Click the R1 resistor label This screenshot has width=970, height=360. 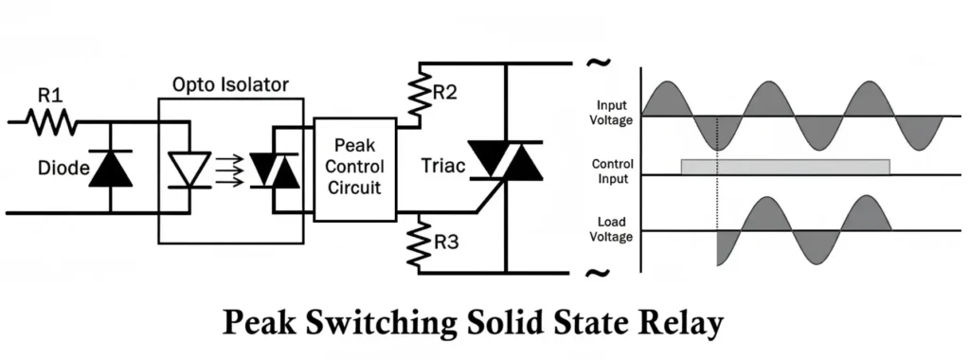[x=49, y=96]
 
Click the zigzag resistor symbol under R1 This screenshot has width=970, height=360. [x=50, y=120]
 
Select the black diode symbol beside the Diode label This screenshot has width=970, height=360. [x=110, y=168]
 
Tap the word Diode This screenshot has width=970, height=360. [x=62, y=169]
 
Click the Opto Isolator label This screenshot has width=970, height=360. [x=231, y=84]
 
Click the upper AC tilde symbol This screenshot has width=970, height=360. [x=598, y=63]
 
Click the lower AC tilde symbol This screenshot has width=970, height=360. [x=598, y=274]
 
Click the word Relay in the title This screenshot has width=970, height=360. [x=678, y=324]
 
